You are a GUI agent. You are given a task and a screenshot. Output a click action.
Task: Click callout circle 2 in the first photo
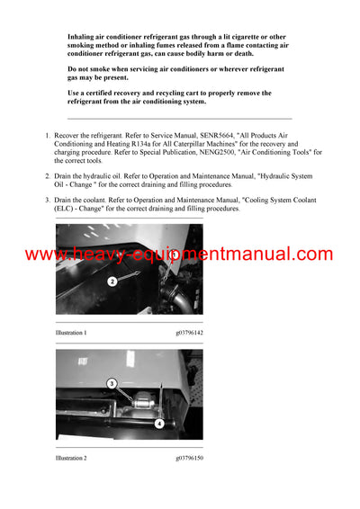click(x=112, y=281)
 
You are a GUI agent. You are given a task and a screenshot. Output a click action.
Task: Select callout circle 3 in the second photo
click(x=112, y=383)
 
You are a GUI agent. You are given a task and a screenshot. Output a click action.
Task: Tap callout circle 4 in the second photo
click(x=158, y=422)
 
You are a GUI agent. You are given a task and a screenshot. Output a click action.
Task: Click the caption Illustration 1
click(x=71, y=333)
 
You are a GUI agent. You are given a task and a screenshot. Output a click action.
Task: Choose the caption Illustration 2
click(x=71, y=459)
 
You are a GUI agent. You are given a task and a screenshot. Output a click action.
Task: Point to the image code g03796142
click(x=189, y=333)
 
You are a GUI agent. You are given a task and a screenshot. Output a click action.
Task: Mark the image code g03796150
click(x=189, y=459)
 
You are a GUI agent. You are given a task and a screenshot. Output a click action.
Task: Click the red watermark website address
click(x=180, y=254)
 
